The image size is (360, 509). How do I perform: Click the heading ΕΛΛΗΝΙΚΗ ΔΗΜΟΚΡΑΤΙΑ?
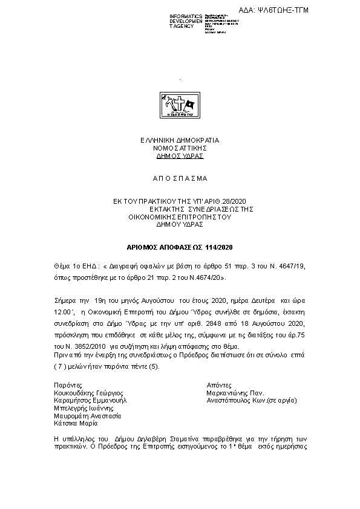click(x=180, y=140)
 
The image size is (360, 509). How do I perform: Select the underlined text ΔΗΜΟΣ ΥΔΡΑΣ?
click(x=180, y=155)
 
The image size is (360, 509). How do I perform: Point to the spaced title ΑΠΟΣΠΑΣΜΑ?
click(x=179, y=178)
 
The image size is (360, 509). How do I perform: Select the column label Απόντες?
click(x=219, y=384)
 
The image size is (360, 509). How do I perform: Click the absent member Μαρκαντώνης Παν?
click(x=235, y=392)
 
